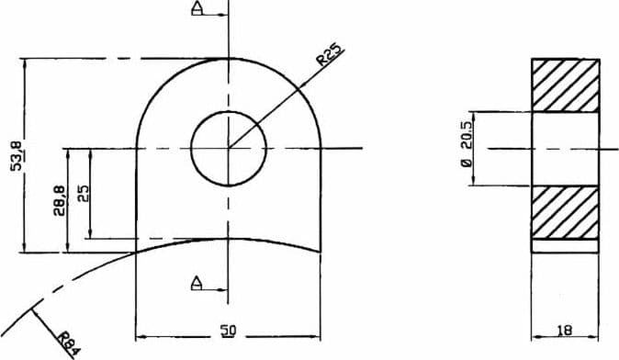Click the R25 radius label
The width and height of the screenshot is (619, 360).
coord(331,54)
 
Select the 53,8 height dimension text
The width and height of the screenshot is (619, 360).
coord(17,154)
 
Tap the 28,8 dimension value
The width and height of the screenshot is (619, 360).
coord(59,201)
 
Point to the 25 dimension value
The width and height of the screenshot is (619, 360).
coord(84,194)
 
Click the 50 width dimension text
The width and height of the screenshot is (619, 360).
coord(228,331)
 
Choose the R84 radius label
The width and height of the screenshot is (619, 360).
coord(70,344)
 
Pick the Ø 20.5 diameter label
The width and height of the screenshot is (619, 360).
coord(467,144)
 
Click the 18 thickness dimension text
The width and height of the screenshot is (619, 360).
coord(565,330)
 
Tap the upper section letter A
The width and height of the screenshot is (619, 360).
coord(197,8)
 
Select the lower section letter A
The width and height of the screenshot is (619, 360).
coord(197,283)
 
